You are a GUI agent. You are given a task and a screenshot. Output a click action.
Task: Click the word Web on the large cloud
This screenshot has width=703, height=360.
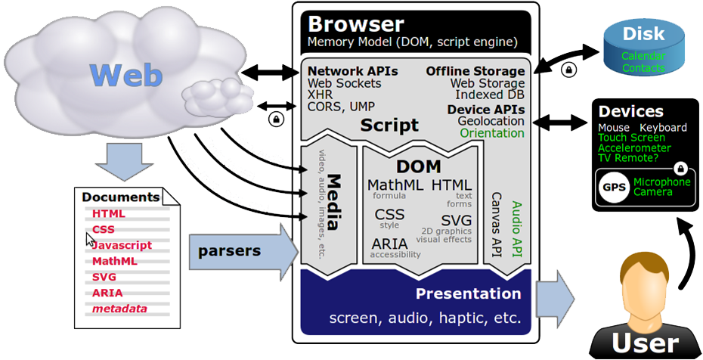126,76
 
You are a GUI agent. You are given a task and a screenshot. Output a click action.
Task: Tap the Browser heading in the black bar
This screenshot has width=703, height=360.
356,23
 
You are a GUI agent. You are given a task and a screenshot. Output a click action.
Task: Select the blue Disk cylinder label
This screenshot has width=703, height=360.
643,34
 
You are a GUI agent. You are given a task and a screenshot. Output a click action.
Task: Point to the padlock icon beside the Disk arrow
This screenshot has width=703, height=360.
568,70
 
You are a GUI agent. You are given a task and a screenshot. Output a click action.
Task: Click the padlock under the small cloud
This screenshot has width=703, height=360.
276,119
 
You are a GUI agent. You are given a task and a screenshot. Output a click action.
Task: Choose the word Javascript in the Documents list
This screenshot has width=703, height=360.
122,245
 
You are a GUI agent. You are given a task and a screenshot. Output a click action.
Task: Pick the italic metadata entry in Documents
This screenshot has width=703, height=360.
119,309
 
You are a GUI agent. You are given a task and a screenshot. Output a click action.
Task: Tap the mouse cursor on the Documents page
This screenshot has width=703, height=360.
90,241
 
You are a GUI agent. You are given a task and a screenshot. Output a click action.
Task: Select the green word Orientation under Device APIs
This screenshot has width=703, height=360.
491,133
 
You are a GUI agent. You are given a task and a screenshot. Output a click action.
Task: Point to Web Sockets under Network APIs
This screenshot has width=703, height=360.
344,83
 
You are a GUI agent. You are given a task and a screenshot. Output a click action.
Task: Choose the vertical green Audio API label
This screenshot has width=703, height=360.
518,226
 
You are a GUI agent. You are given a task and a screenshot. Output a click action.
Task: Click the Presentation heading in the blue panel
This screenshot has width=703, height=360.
468,293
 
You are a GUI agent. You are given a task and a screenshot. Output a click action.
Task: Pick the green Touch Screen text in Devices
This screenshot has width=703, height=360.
631,138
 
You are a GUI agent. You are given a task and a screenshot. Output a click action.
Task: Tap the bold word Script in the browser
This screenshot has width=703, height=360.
389,125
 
